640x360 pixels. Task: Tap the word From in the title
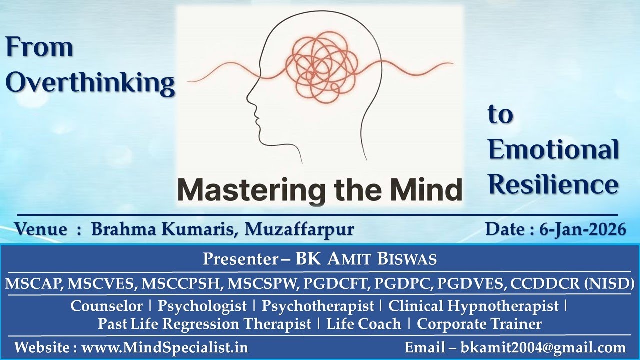(x=40, y=48)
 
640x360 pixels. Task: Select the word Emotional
(x=553, y=150)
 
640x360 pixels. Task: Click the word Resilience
(x=553, y=184)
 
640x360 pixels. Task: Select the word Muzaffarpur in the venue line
(x=299, y=229)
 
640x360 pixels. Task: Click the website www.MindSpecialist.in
(x=165, y=347)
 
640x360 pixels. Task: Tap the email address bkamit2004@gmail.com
(x=543, y=347)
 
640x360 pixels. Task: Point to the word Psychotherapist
(x=318, y=305)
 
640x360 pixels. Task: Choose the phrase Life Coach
(x=364, y=324)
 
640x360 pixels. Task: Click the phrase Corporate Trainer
(x=479, y=324)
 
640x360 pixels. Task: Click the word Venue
(x=41, y=229)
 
